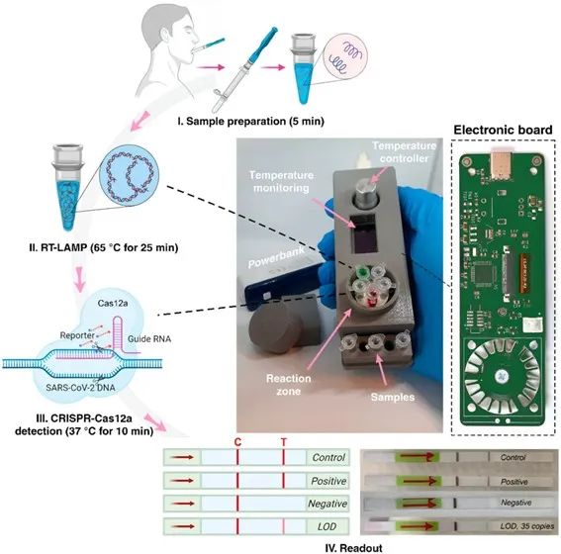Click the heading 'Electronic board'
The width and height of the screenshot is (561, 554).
pos(503,130)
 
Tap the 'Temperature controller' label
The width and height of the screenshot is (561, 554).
pos(405,152)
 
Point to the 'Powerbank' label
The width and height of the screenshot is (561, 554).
pos(276,257)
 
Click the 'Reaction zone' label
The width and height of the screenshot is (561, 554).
pos(288,385)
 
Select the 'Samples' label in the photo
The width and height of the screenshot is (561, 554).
pos(393,397)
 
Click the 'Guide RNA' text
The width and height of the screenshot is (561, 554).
pos(149,338)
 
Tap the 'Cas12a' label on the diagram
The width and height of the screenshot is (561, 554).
pos(113,304)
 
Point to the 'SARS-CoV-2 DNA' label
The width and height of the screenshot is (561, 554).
pos(80,388)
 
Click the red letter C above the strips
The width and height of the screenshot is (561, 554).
pos(237,442)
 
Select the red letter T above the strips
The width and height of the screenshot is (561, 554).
pos(284,442)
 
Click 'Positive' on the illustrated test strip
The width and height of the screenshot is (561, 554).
pos(328,481)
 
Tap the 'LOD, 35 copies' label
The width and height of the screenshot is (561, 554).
pos(527,526)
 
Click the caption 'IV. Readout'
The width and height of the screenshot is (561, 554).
pos(354,548)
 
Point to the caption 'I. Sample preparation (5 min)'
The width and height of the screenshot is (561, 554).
pos(251,122)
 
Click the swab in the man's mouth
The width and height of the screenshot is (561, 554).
pos(209,46)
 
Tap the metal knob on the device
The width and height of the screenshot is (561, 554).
pos(366,192)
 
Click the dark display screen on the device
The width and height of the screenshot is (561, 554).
pos(363,233)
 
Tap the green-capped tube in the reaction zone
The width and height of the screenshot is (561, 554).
pos(362,272)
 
